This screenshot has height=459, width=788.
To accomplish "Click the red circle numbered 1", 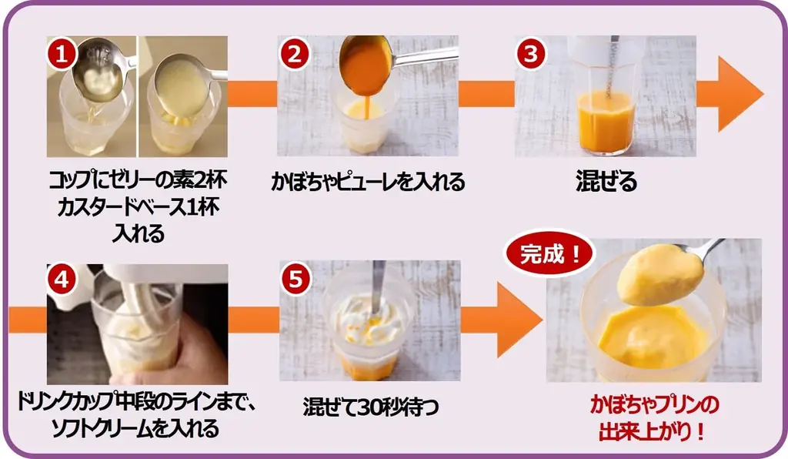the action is (x=62, y=55).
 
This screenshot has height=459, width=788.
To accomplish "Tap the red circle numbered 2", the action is (x=294, y=55).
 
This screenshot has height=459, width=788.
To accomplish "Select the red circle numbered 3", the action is (x=531, y=55).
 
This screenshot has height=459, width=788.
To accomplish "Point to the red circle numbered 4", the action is (x=62, y=280).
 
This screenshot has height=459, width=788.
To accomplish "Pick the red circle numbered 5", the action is (x=295, y=280).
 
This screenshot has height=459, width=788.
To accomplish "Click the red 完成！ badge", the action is (x=549, y=254).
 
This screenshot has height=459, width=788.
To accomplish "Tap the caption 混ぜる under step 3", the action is (x=606, y=182).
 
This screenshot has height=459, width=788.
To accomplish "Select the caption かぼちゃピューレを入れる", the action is (x=368, y=182).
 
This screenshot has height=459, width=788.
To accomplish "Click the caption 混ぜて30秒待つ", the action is (x=371, y=406).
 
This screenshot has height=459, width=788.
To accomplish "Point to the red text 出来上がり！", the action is (x=653, y=431).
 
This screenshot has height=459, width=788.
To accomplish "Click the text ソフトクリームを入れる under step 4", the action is (x=135, y=428).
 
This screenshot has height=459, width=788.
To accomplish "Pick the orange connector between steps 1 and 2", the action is (x=252, y=94).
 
